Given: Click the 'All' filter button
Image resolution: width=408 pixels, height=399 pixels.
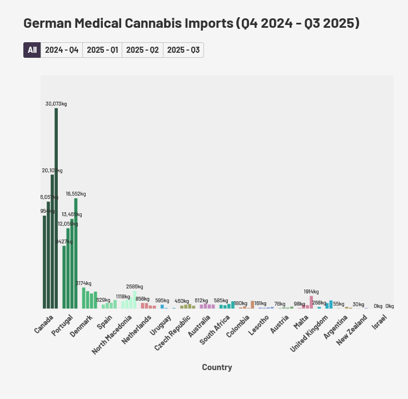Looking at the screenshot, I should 32,50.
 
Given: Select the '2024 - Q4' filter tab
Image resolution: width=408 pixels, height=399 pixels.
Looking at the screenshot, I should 62,50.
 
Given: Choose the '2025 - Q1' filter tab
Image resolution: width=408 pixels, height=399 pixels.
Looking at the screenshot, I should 102,50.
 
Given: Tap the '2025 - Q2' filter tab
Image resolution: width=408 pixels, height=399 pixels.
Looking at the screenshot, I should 142,50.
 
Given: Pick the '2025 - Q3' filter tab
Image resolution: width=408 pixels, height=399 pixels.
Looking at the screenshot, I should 183,50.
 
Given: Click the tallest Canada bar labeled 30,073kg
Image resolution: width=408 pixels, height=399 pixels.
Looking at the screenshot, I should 56,208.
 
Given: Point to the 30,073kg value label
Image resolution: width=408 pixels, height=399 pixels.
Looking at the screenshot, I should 56,103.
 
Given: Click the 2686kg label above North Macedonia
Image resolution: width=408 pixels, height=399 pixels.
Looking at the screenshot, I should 135,287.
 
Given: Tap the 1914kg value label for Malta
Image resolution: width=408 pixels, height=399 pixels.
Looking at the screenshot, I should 311,292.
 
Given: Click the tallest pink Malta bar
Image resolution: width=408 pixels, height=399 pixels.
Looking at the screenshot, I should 311,302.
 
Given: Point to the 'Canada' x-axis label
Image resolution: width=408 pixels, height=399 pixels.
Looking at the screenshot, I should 44,325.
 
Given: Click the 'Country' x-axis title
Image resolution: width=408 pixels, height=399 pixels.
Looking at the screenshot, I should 217,367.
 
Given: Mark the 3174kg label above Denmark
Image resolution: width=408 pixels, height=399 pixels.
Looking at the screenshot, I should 84,283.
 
